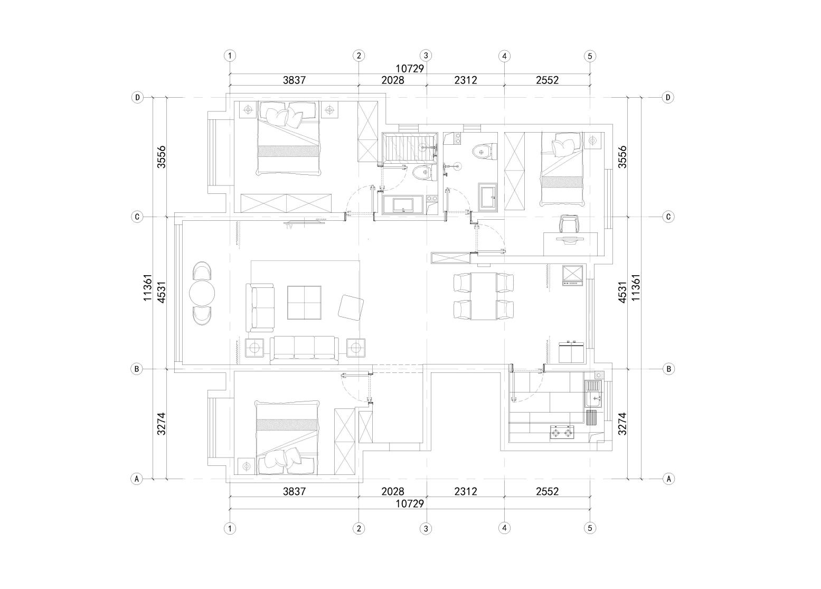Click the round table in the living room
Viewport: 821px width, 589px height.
click(x=202, y=293)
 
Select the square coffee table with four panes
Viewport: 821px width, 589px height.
click(x=304, y=303)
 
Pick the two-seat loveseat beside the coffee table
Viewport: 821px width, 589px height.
click(x=260, y=307)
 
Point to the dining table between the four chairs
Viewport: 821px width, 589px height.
click(x=484, y=296)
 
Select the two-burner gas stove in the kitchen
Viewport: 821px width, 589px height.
click(x=562, y=433)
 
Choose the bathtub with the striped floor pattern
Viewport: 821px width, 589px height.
click(x=410, y=147)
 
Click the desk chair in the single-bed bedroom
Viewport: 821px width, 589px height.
click(x=569, y=224)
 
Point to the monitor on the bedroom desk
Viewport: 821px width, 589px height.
click(x=570, y=239)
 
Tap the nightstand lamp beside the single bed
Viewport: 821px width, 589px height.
click(x=593, y=141)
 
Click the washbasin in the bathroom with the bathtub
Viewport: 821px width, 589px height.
click(x=403, y=205)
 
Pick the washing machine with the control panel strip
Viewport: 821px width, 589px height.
click(x=572, y=275)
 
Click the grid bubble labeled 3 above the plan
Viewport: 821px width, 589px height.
click(x=426, y=56)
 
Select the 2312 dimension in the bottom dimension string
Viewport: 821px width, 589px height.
click(x=466, y=491)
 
